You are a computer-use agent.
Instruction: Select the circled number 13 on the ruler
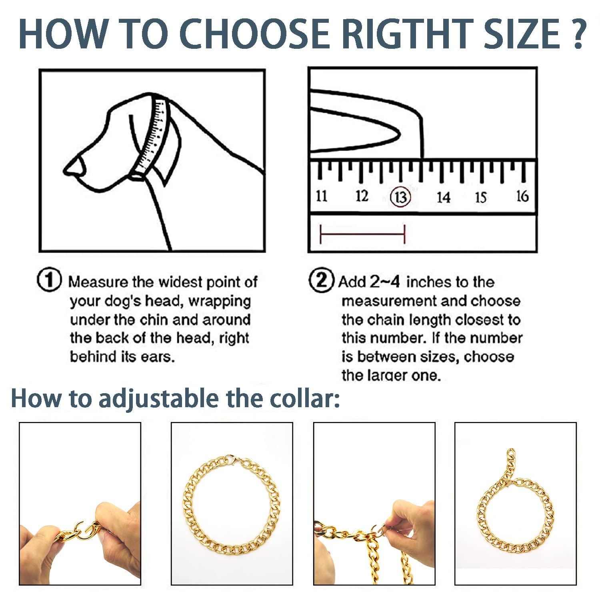[400, 197]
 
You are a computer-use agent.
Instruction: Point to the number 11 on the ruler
[322, 196]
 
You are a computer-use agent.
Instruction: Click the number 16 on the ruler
[522, 196]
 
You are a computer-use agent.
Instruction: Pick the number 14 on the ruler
[443, 197]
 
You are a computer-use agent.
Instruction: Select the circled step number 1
[49, 280]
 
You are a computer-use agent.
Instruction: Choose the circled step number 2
[321, 280]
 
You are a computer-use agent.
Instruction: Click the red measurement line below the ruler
[362, 234]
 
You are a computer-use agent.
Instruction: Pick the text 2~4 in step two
[384, 282]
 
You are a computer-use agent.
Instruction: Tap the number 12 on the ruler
[362, 196]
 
